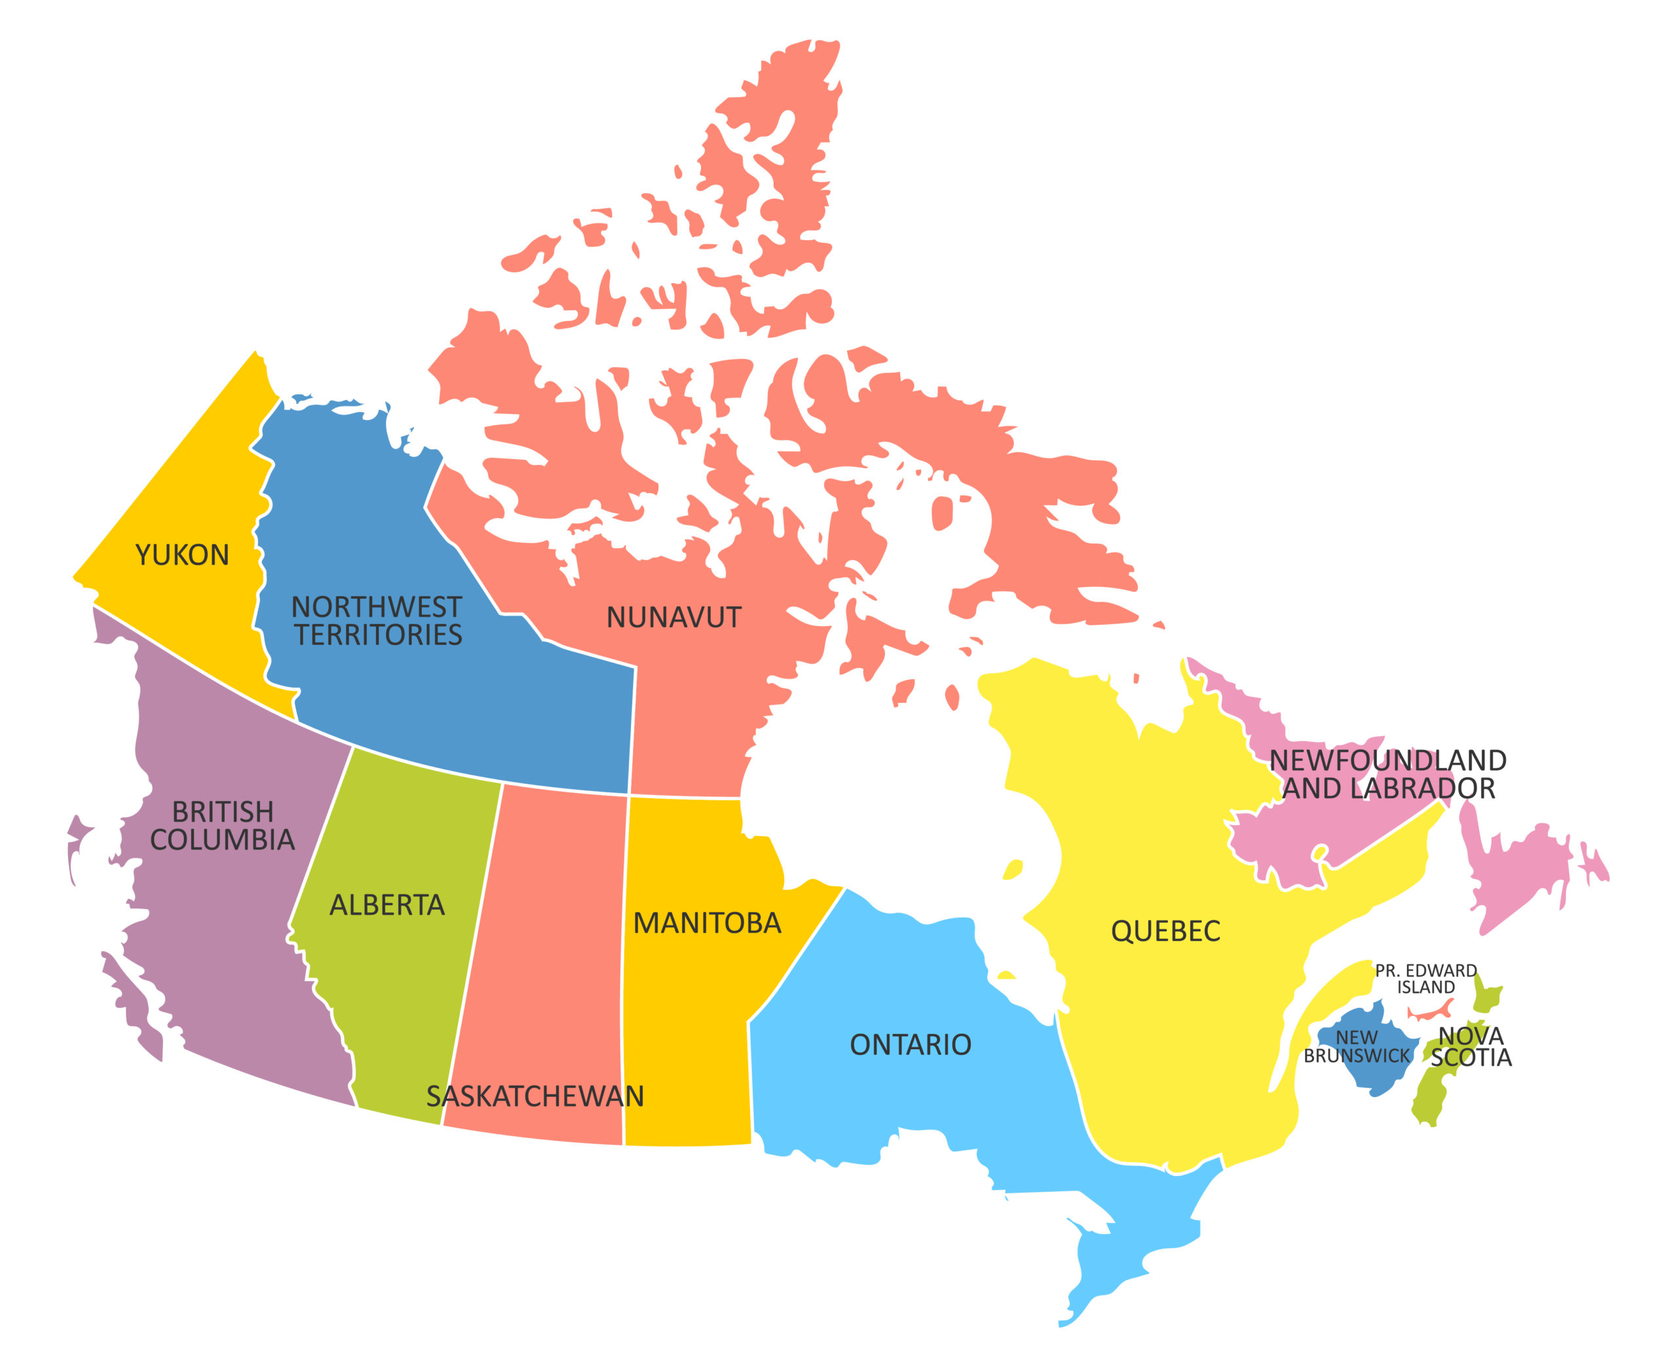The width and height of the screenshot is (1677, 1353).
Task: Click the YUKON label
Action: coord(182,555)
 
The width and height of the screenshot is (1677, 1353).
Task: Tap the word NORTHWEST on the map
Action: coord(377,607)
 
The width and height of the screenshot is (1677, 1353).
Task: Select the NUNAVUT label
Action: coord(673,618)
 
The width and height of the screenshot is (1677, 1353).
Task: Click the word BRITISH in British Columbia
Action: coord(222,812)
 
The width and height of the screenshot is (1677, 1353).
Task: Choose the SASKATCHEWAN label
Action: coord(535,1096)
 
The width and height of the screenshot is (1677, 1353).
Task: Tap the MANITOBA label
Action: coord(706,923)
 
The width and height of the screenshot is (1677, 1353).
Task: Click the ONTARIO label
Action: coord(910,1045)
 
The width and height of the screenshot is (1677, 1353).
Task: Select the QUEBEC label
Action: coord(1165,931)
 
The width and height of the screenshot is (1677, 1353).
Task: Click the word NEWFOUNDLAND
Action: coord(1387,761)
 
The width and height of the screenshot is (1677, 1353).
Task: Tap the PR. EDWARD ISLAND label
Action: coord(1425,979)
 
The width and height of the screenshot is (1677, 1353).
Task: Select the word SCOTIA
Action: coord(1471,1058)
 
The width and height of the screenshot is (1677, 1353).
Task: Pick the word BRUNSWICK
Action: coord(1357,1056)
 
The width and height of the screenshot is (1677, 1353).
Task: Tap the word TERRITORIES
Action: coord(379,635)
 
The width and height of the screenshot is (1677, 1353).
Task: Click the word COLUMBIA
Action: coord(222,840)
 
